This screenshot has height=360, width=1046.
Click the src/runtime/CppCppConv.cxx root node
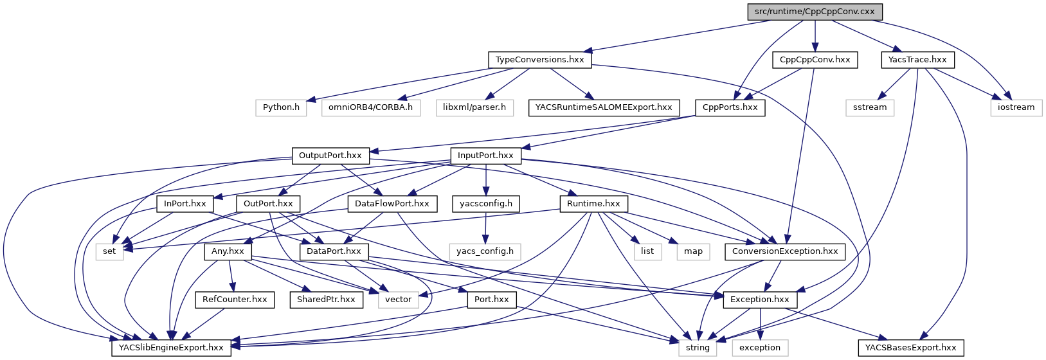coord(815,12)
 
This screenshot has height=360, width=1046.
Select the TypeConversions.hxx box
coord(539,60)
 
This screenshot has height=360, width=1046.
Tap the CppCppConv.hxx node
coord(815,60)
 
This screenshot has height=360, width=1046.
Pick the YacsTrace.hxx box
coord(917,60)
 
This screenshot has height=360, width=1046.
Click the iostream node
coord(1016,107)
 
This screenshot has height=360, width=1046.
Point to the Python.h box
coord(281,107)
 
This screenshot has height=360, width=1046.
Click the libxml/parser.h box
coord(474,107)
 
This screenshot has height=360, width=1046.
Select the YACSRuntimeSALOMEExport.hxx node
coord(603,107)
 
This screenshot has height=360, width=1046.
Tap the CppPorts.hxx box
coord(730,107)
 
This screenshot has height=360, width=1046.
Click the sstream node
coord(870,107)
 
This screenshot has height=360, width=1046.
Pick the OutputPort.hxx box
coord(330,156)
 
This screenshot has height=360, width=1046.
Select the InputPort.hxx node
coord(485,156)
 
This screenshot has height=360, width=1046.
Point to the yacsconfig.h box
coord(486,204)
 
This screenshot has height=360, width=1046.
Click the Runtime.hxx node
coord(593,204)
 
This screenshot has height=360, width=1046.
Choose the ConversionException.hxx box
coord(785,251)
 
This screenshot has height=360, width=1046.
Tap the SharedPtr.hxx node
coord(326,300)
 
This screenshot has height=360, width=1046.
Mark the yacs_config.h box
coord(485,251)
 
